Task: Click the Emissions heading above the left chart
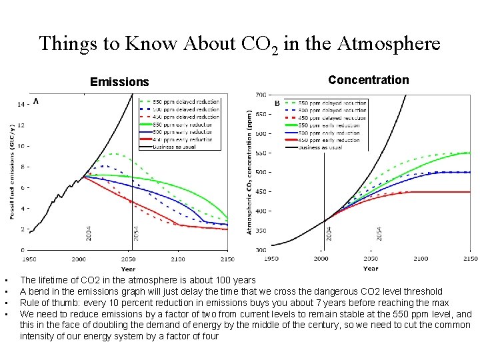click(x=119, y=82)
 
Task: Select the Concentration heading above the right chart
click(x=368, y=80)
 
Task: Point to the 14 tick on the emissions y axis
click(x=21, y=104)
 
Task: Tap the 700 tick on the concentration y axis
click(x=260, y=95)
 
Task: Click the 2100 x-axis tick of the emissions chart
click(x=178, y=258)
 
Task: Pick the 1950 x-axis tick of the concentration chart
click(x=272, y=258)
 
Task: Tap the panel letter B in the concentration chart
click(x=277, y=103)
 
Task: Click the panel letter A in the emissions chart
click(x=35, y=101)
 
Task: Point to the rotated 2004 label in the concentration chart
click(x=329, y=233)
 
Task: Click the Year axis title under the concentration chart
click(x=371, y=269)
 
